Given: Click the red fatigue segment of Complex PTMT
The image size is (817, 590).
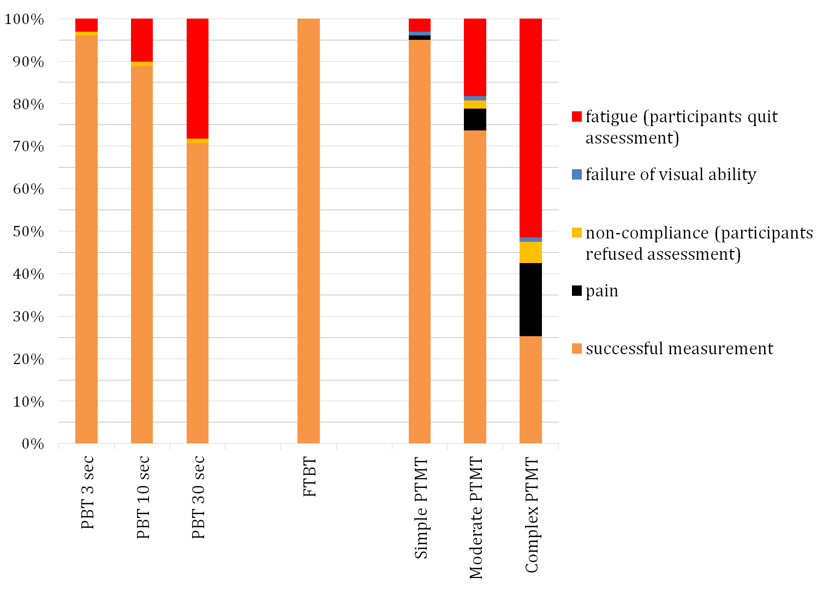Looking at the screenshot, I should pos(530,128).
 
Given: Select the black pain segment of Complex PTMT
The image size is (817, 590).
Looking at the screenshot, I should pos(530,300).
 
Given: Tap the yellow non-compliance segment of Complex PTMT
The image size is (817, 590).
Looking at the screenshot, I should pos(530,253).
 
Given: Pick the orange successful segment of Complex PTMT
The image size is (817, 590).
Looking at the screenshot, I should pos(530,390).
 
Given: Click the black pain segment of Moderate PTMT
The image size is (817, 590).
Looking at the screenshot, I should pos(475,120).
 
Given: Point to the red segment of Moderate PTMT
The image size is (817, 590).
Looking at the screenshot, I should pos(475,57).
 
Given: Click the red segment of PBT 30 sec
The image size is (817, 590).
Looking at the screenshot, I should pos(198,79).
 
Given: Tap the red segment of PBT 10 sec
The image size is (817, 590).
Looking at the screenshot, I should pos(142,40).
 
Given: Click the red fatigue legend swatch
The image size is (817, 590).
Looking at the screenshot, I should pos(577,117).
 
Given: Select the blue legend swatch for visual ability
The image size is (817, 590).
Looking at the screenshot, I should pos(577,175).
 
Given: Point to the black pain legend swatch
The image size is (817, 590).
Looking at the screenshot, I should pos(577,291).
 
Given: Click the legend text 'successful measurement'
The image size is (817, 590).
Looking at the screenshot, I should pos(679,349).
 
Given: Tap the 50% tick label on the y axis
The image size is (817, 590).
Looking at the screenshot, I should pos(25,231).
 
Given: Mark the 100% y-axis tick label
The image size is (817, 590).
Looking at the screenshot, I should pos(25,20).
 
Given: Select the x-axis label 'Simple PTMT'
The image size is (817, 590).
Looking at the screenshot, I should pos(421,508).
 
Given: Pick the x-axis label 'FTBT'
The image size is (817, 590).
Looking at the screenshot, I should pos(309,478).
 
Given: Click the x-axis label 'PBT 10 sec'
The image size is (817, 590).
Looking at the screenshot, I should pos(143,497).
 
